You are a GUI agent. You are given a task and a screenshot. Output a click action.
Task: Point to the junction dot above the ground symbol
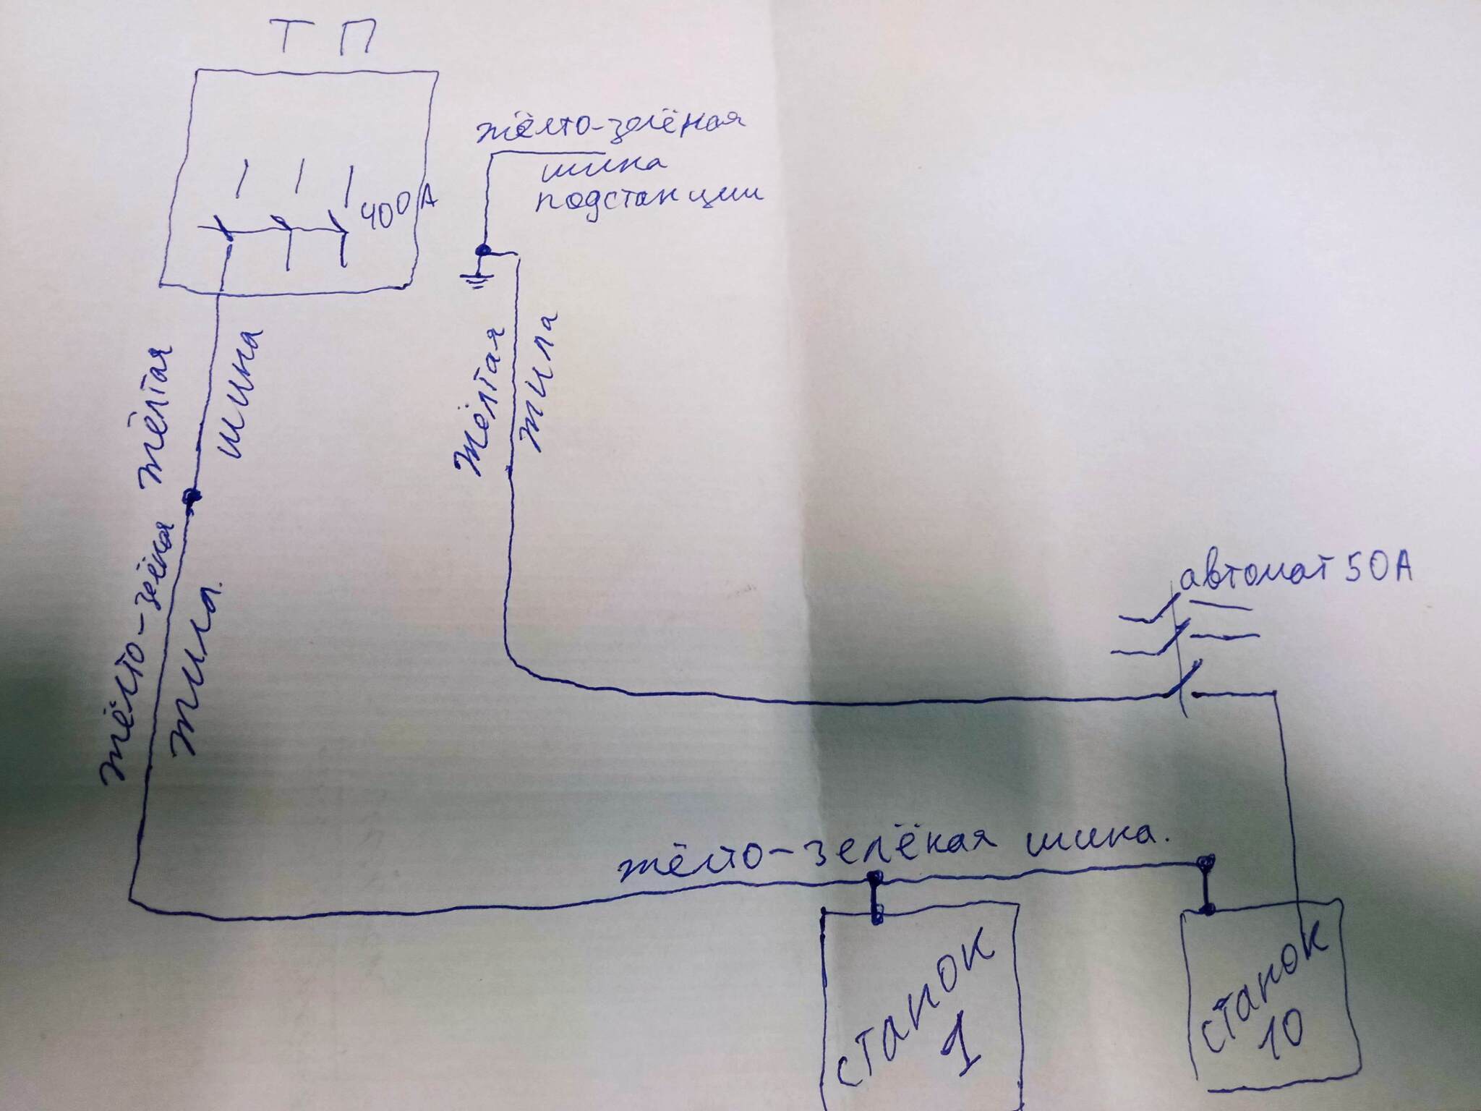tap(482, 252)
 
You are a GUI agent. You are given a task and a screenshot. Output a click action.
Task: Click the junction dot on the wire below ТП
tap(192, 496)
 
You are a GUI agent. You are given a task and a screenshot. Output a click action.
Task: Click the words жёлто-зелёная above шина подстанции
tap(611, 130)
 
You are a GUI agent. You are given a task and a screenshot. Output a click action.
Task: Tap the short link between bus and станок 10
tap(1205, 887)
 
